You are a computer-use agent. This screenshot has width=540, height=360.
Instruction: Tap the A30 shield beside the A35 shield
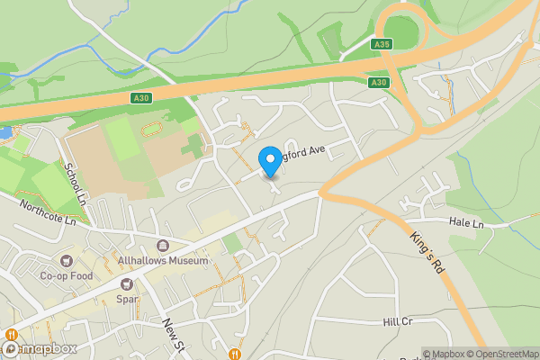point(378,82)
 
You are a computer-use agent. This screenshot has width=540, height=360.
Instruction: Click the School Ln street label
point(73,183)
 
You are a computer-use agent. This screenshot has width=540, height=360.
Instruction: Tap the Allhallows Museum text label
point(163,261)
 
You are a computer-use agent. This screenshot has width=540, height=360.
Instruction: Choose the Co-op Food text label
point(66,277)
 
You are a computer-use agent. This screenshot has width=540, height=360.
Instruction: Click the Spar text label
point(127,298)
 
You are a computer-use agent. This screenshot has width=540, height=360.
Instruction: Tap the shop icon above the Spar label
point(127,283)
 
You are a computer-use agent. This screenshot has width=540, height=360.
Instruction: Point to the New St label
point(172,334)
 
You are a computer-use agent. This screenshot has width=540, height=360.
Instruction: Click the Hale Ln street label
point(466,221)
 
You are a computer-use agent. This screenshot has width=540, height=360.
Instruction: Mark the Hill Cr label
point(396,321)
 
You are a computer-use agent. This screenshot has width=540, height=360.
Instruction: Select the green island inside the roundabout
point(402,33)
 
